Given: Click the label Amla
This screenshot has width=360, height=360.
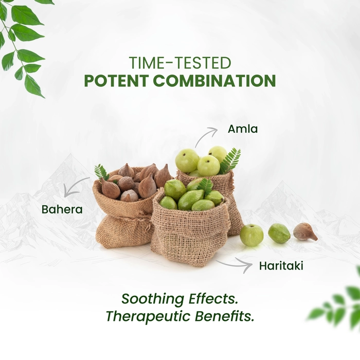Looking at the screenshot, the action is coord(243,129).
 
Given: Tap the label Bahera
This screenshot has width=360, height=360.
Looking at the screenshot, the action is coord(62,209).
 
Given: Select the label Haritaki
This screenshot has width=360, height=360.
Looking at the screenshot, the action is coord(281,266).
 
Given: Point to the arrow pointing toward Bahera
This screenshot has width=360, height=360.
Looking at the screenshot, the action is coord(74,185).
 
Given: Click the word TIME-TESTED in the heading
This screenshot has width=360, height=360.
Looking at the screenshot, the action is coord(180,63).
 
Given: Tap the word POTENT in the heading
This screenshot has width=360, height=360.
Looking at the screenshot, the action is coord(116,81).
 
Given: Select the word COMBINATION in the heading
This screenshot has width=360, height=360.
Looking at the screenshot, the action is coord(214,81).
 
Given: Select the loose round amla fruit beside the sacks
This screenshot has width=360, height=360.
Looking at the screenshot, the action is coord(252,236).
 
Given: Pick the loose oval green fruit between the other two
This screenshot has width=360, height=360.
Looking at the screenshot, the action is coord(279,233).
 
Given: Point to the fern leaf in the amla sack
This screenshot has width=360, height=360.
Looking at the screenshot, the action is coord(229,160).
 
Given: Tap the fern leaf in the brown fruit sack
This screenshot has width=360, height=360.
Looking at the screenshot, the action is coord(102,172).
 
